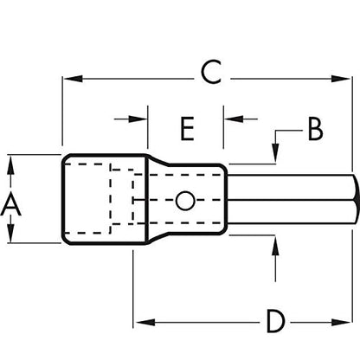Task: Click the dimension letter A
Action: [10, 204]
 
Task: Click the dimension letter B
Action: [315, 130]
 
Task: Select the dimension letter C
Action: [211, 72]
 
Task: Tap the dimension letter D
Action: [276, 321]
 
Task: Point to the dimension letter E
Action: [187, 129]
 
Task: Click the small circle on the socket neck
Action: [185, 200]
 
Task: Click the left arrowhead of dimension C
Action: [73, 79]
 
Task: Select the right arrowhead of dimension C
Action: [341, 79]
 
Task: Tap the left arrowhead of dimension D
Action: [145, 322]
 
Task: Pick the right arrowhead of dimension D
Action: [341, 322]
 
